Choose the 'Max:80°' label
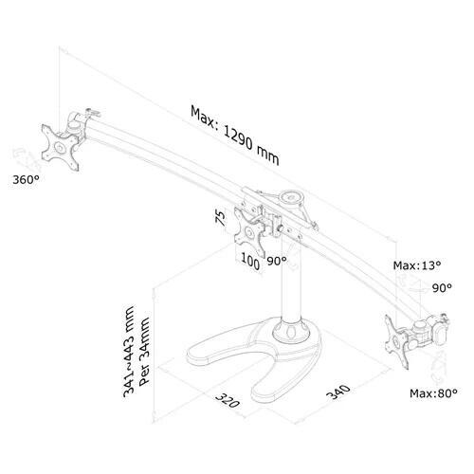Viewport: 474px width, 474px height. point(433,392)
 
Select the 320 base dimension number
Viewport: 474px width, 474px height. point(224,403)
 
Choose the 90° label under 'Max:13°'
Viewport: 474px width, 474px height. point(442,285)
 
